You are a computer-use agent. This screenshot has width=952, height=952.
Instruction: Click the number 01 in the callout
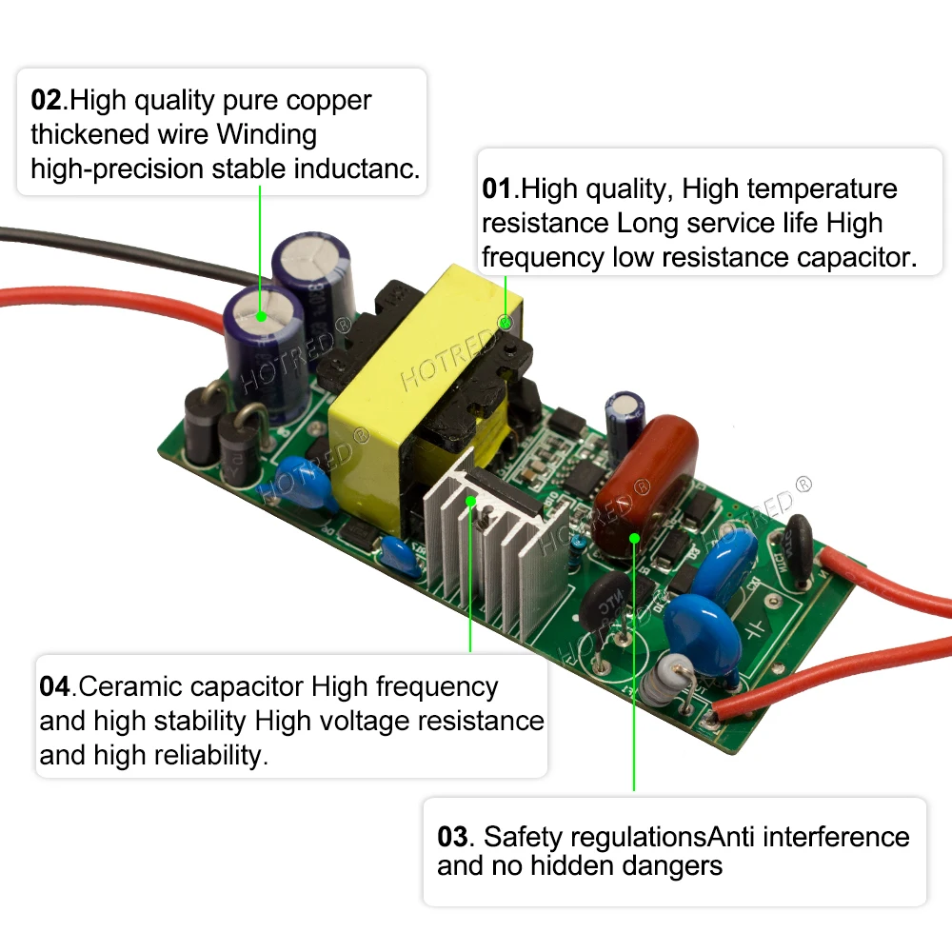click(497, 188)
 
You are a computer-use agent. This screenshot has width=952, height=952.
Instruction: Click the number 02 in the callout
click(46, 100)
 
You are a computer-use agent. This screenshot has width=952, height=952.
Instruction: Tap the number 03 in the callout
click(453, 838)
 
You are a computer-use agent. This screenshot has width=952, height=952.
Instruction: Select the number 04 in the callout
click(55, 686)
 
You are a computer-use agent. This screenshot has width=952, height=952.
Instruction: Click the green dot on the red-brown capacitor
click(634, 539)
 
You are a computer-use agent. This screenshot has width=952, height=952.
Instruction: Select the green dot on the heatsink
click(470, 501)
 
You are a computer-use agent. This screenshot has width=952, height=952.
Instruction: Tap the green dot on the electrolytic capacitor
click(261, 314)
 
